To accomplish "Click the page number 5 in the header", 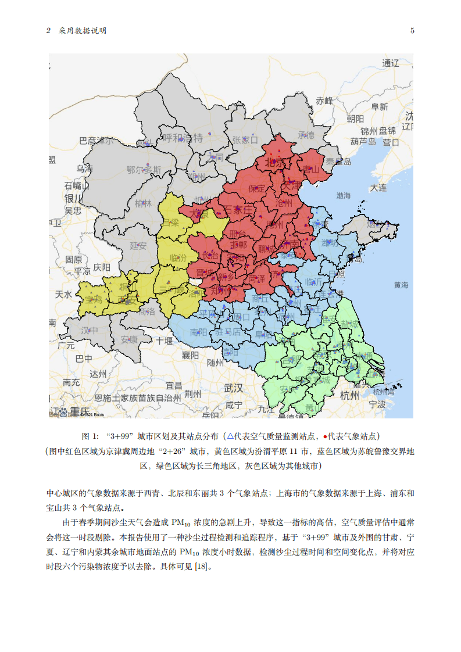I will tap(412, 31).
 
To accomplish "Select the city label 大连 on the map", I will tap(378, 188).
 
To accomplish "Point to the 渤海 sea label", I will tap(343, 195).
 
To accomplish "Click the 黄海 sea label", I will tap(401, 285).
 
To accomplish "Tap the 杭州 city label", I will tap(350, 396).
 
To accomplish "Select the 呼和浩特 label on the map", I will tap(182, 138).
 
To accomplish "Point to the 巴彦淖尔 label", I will tap(97, 141).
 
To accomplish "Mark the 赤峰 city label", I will tap(324, 100).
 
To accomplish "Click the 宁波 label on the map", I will tap(377, 403).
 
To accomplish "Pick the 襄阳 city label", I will tap(190, 354).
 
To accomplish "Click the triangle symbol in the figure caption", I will tap(230, 436).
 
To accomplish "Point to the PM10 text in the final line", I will tap(192, 552).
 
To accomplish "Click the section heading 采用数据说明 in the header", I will tap(82, 31).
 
